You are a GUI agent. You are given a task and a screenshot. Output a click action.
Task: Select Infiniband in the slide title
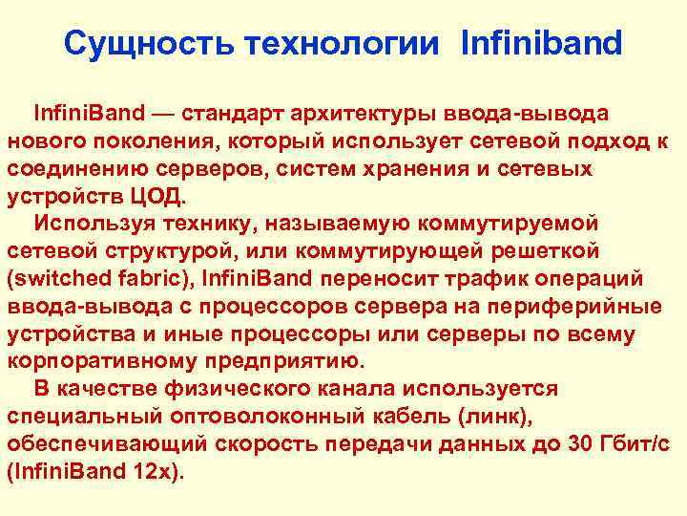point(540,43)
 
